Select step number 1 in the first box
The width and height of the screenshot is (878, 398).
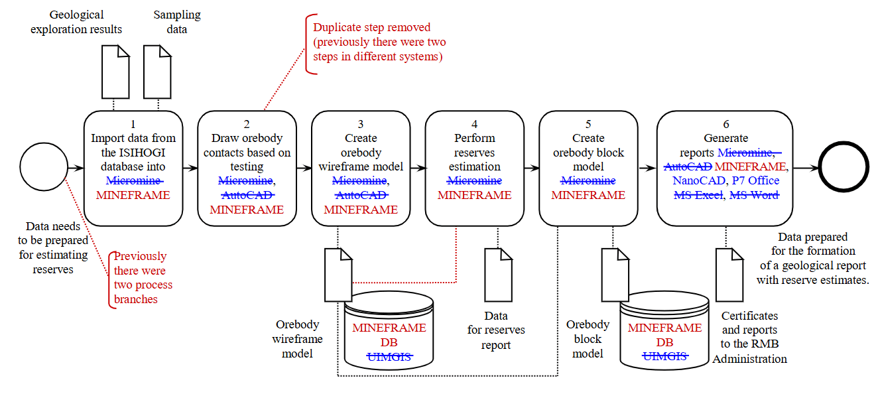(133, 124)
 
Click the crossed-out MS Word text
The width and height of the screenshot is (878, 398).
(755, 195)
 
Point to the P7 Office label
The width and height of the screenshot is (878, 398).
(755, 180)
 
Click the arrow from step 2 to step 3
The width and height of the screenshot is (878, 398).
(302, 168)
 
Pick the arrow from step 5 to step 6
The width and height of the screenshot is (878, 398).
(647, 168)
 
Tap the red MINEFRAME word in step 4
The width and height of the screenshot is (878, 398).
(474, 195)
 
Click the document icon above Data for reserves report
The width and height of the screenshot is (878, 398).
(498, 275)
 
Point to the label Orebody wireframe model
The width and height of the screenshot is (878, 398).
(298, 339)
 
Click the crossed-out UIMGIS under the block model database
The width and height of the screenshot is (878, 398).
(664, 357)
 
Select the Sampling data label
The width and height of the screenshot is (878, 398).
(176, 22)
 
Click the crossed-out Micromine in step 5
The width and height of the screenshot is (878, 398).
(588, 180)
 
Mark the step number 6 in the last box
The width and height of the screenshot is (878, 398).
(725, 124)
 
